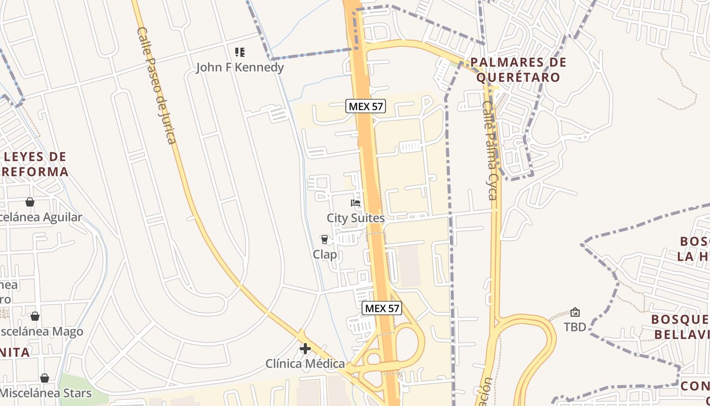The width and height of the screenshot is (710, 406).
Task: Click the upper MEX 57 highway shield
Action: point(366,106)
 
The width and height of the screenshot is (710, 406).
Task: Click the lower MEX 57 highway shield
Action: point(381,308)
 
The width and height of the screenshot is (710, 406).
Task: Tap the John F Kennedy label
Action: point(240,67)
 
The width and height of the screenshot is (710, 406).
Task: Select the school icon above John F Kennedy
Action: point(240,52)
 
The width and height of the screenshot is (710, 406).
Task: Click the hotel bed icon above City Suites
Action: point(356,203)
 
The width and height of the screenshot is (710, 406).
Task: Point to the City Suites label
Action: point(356,218)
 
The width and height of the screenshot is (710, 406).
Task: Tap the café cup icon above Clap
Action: point(325,240)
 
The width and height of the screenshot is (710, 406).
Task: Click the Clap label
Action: point(325,255)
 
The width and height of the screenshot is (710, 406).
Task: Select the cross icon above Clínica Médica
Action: point(305,349)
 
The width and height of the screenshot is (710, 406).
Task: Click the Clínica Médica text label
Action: point(305,364)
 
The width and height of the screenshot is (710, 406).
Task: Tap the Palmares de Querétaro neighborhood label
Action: point(517,70)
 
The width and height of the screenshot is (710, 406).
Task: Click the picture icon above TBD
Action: point(575,312)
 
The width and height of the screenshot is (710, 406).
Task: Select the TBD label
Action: point(575,327)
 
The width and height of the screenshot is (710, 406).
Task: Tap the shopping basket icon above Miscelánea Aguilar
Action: point(30,202)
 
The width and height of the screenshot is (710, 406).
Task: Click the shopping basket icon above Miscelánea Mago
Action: point(35,316)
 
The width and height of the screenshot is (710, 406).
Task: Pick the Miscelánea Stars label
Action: point(46,393)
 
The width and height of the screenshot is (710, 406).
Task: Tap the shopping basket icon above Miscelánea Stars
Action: point(45,378)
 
